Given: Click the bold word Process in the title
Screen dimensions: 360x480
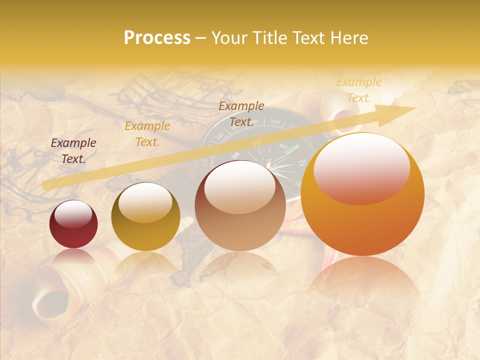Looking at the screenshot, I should coord(157,38).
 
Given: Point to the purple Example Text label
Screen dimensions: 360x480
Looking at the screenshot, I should coord(73,151).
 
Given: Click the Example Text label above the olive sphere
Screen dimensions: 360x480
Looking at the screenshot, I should coord(147,134).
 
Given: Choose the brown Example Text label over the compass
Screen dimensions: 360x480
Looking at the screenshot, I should coord(241,113).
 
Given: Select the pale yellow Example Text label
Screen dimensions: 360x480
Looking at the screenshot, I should coord(358,90).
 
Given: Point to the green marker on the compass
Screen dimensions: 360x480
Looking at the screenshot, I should coord(295,149).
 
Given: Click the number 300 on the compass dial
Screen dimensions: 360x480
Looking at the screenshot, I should coord(274,122).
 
